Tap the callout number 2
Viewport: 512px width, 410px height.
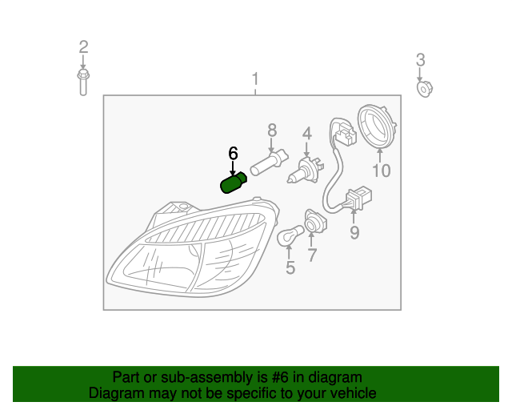tap(83, 47)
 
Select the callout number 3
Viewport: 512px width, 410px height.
tap(420, 59)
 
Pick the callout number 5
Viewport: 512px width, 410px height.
tap(290, 268)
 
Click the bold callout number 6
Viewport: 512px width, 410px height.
tap(233, 153)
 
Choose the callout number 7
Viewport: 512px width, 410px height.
tap(312, 256)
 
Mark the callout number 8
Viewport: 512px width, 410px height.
tap(272, 129)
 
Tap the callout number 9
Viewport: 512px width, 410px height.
tap(354, 233)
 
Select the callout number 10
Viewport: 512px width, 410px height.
tap(381, 170)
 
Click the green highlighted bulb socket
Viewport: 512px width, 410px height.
tap(233, 184)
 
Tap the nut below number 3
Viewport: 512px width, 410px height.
tap(423, 87)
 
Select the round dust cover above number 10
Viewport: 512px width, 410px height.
tap(378, 127)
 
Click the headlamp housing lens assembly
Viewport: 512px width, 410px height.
tap(192, 248)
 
